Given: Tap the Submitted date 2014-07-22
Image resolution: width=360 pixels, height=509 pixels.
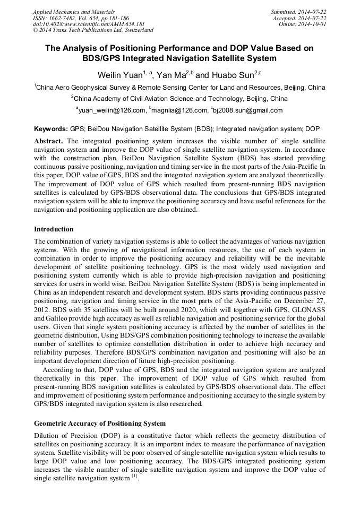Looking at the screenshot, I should pyautogui.click(x=301, y=12).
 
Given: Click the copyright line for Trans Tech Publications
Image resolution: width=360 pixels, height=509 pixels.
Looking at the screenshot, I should pyautogui.click(x=93, y=31).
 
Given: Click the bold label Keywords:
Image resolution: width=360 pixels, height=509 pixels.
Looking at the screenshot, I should pyautogui.click(x=51, y=129).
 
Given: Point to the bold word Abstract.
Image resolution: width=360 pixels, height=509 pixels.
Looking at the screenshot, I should pyautogui.click(x=48, y=141).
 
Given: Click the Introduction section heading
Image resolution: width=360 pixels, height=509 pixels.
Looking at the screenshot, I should pyautogui.click(x=54, y=229).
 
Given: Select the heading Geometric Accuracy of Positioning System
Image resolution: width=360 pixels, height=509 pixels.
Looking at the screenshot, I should pyautogui.click(x=100, y=424).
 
